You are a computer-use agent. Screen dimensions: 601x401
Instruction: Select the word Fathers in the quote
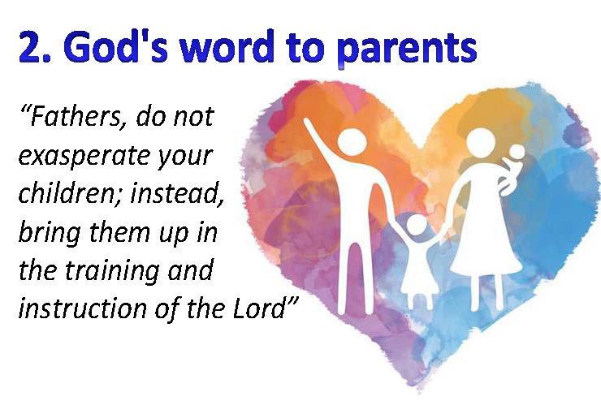(x=75, y=116)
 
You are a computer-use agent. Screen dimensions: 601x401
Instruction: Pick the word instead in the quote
(x=177, y=193)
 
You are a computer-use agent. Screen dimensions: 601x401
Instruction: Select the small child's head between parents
(x=417, y=225)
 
